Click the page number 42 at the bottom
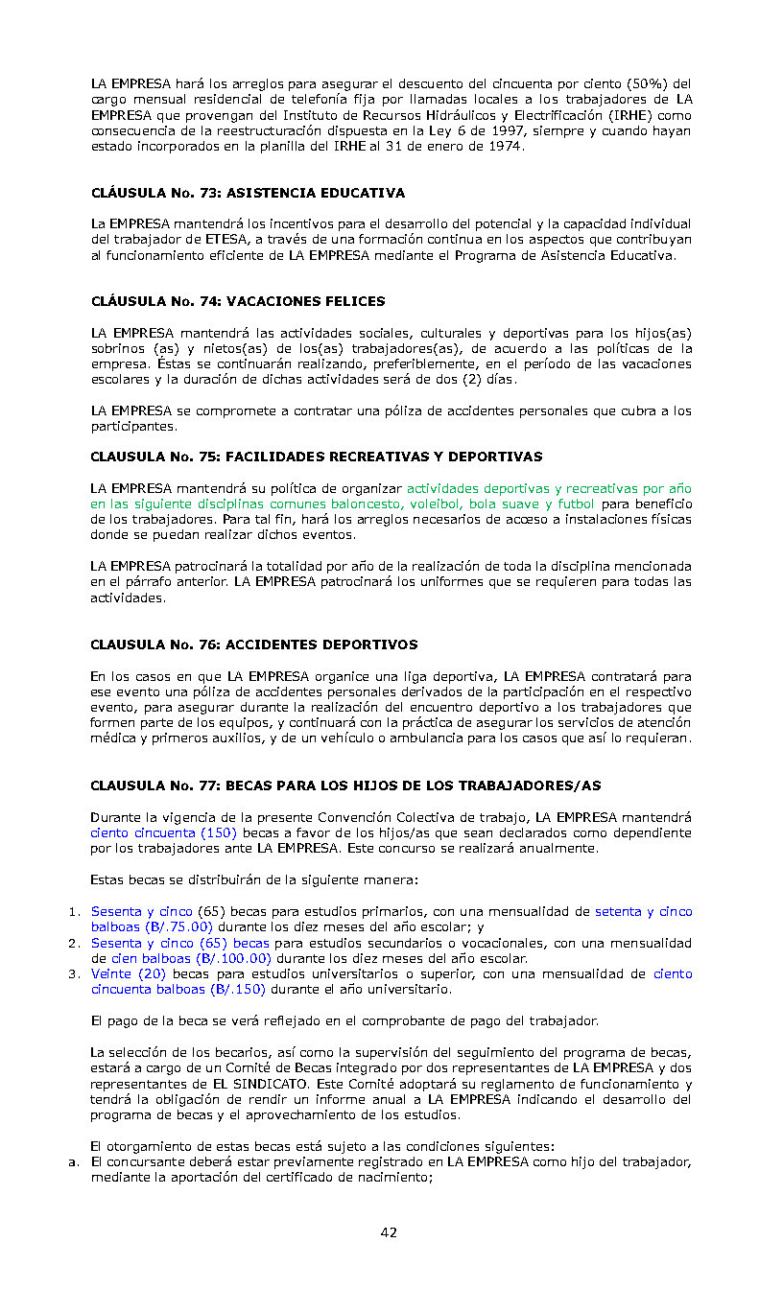(389, 1232)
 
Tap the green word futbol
(575, 504)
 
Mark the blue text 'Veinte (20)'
(129, 973)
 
